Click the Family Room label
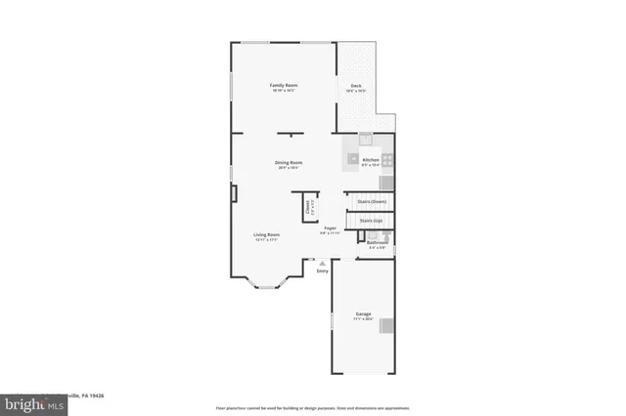click(284, 86)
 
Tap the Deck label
click(357, 86)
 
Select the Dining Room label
click(288, 163)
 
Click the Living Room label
click(267, 235)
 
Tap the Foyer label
click(331, 229)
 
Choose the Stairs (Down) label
click(372, 201)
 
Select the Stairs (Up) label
click(372, 221)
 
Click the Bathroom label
click(378, 243)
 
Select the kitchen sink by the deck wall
click(366, 138)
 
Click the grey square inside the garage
click(388, 325)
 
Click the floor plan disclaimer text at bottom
click(312, 406)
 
